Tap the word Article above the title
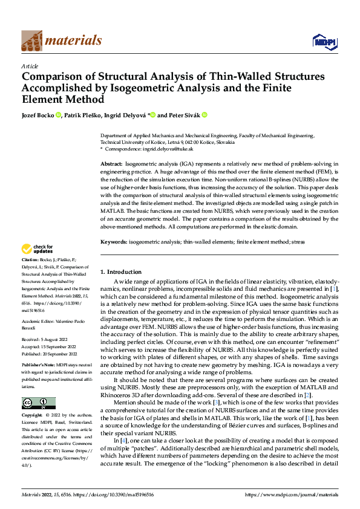pyautogui.click(x=30, y=66)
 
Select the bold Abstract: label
pyautogui.click(x=112, y=164)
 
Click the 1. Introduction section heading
pyautogui.click(x=121, y=272)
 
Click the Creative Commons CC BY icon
pyautogui.click(x=38, y=403)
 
